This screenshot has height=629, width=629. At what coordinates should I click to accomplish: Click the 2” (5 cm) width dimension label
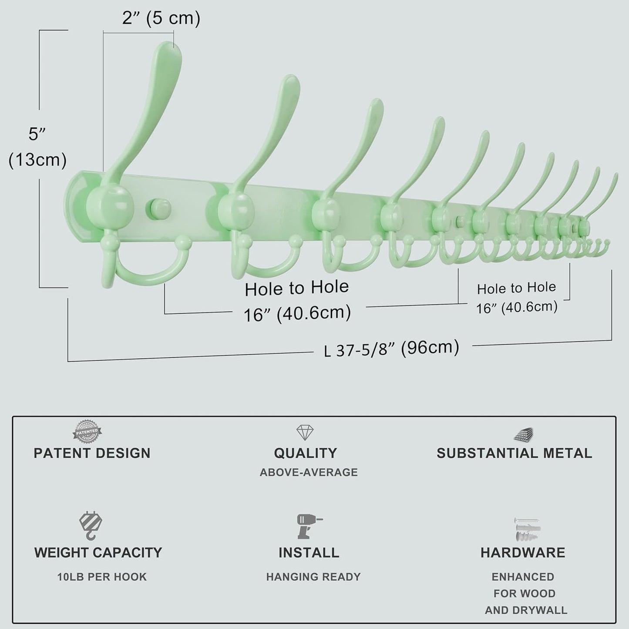click(x=161, y=18)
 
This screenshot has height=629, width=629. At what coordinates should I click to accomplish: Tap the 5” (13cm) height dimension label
click(x=37, y=147)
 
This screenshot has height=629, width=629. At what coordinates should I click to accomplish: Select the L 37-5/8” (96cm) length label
click(x=391, y=348)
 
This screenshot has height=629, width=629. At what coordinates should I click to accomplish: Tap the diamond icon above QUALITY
click(x=305, y=432)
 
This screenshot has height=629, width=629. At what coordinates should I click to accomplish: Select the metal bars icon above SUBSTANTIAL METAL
click(x=524, y=434)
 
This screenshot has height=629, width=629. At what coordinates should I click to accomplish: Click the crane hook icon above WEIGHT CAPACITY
click(x=91, y=526)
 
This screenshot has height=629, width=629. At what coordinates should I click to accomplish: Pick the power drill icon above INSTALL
click(x=309, y=526)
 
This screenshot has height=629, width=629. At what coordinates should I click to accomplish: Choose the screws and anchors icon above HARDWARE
click(x=527, y=529)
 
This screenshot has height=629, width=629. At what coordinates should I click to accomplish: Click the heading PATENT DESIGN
click(x=92, y=454)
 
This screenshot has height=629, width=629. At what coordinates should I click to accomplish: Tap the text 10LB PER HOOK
click(x=102, y=577)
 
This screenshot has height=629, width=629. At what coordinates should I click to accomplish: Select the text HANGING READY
click(x=313, y=577)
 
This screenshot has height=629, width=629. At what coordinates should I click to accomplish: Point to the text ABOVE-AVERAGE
click(x=309, y=472)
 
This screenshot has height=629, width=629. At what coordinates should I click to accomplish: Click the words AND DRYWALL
click(x=526, y=610)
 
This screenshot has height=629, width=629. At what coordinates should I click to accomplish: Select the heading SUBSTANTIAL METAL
click(x=515, y=454)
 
